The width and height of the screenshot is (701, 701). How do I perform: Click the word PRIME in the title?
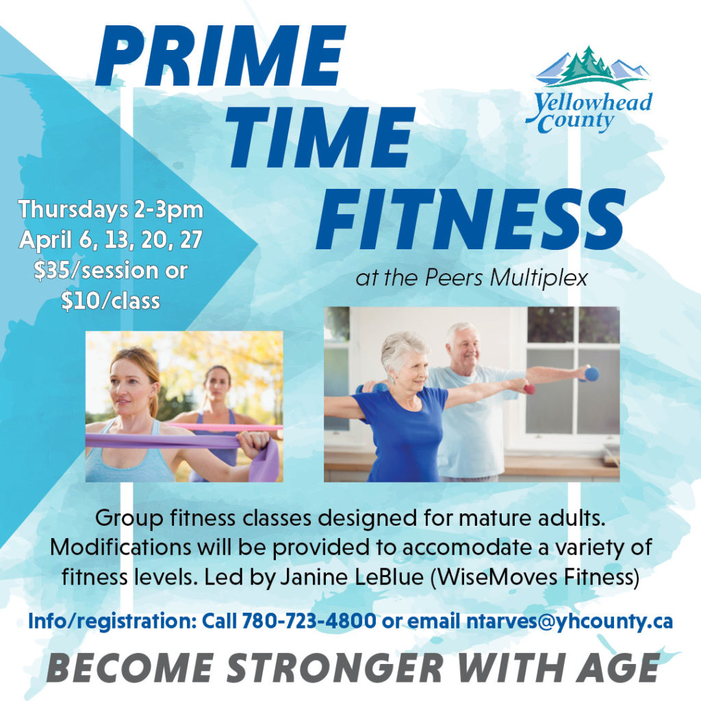coord(220,56)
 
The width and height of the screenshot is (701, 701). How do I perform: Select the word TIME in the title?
coord(320,138)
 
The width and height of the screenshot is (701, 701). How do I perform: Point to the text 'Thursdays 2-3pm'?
coord(110,209)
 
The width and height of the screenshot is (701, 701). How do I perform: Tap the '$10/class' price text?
coord(110,301)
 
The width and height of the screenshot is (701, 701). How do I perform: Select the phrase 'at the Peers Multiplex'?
coord(471,278)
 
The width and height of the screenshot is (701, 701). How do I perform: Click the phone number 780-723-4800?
coord(309,621)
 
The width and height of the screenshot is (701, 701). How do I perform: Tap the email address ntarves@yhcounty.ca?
coord(569,622)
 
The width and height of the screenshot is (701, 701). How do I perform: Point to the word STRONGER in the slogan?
coord(335,668)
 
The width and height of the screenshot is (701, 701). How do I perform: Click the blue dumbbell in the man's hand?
coord(591,374)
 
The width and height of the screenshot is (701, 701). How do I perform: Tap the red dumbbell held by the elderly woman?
coord(529,389)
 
